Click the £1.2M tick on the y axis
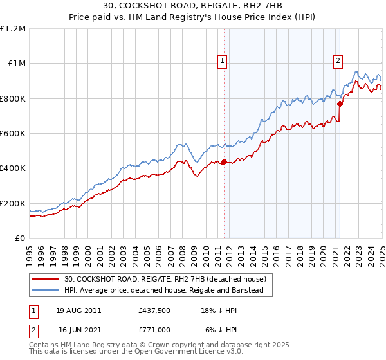[13, 28]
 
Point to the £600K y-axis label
[13, 133]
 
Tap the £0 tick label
[19, 238]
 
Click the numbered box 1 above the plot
[222, 61]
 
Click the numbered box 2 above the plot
[338, 61]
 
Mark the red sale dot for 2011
[224, 161]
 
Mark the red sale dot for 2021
[340, 103]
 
